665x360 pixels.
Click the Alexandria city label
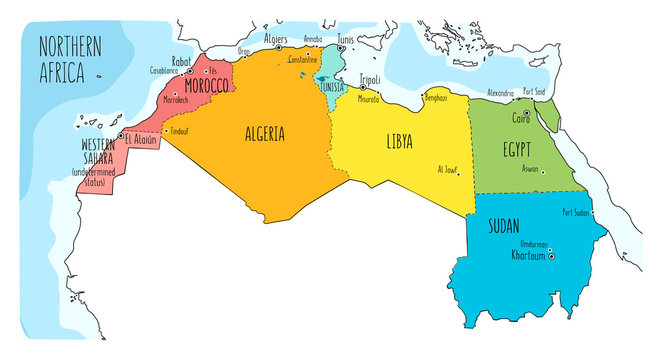point(492,91)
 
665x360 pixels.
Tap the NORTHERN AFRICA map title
point(72,59)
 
